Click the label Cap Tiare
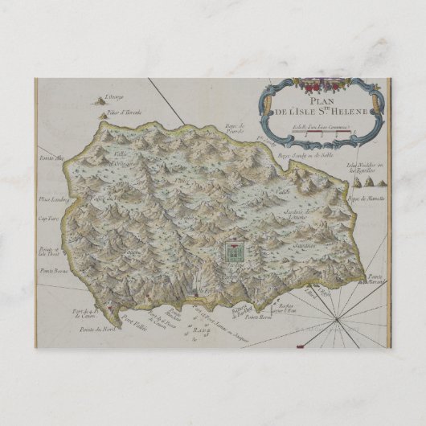tap(51, 215)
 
